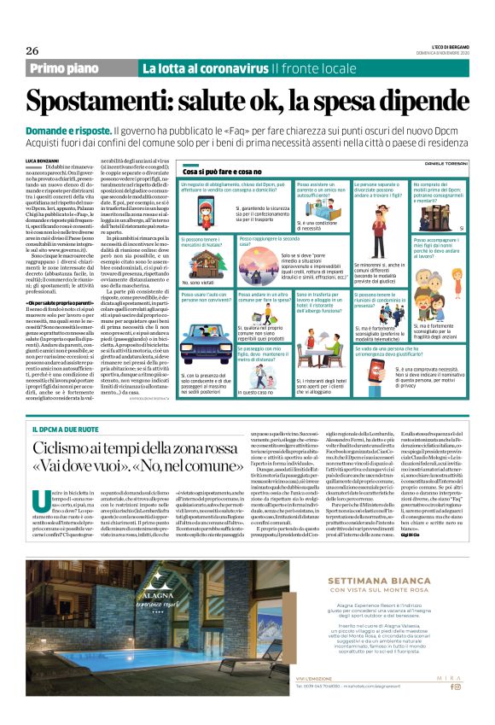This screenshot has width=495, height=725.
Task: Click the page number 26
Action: pos(33,50)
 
